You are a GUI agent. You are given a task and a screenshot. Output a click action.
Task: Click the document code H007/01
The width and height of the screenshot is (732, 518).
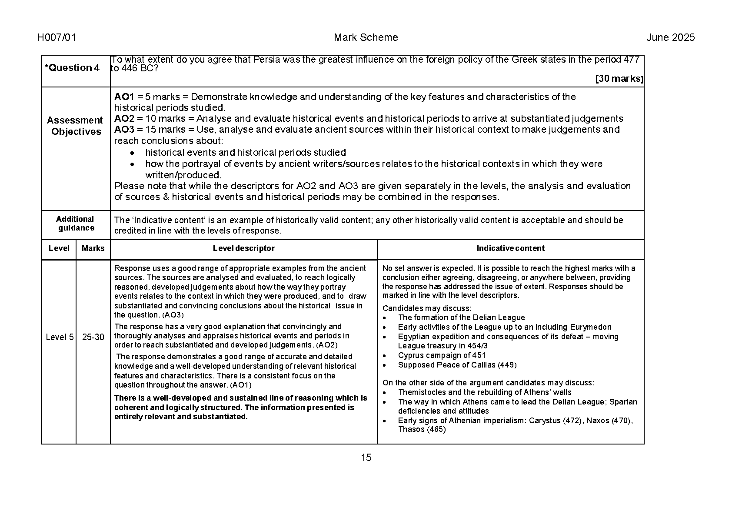[x=57, y=38]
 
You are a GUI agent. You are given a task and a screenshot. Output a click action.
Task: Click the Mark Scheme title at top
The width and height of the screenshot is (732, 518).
[x=366, y=38]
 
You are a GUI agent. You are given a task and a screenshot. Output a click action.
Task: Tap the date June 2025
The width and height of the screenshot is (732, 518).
[x=670, y=38]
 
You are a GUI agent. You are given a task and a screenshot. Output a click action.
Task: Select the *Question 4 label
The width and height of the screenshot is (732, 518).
[x=72, y=68]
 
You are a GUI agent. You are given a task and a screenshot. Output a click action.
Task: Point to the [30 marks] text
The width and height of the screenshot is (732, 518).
[x=619, y=79]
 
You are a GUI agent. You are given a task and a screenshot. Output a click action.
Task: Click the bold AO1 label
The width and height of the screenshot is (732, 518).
[x=124, y=97]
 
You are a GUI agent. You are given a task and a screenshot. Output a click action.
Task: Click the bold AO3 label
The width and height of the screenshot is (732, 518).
[x=124, y=130]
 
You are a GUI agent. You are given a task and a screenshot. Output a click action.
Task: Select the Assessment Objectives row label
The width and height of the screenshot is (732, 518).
[x=75, y=126]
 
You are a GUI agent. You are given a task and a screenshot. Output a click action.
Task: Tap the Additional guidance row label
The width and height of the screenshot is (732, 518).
[x=75, y=224]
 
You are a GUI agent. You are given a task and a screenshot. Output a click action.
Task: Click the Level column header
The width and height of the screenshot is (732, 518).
[x=59, y=248]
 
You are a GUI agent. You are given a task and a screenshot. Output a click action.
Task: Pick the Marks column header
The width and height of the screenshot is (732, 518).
[x=93, y=248]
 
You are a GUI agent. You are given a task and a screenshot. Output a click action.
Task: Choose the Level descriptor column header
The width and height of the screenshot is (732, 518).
[x=243, y=248]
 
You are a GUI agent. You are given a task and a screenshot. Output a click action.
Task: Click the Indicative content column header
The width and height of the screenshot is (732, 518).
[x=510, y=248]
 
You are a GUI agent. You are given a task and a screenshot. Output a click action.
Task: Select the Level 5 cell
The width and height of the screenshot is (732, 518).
[x=60, y=337]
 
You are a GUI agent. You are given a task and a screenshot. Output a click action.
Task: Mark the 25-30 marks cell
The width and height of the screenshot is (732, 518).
[x=93, y=337]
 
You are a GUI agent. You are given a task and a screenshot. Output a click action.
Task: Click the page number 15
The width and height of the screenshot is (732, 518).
[x=366, y=458]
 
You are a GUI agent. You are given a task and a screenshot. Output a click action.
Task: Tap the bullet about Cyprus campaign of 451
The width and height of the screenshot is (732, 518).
[x=442, y=355]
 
